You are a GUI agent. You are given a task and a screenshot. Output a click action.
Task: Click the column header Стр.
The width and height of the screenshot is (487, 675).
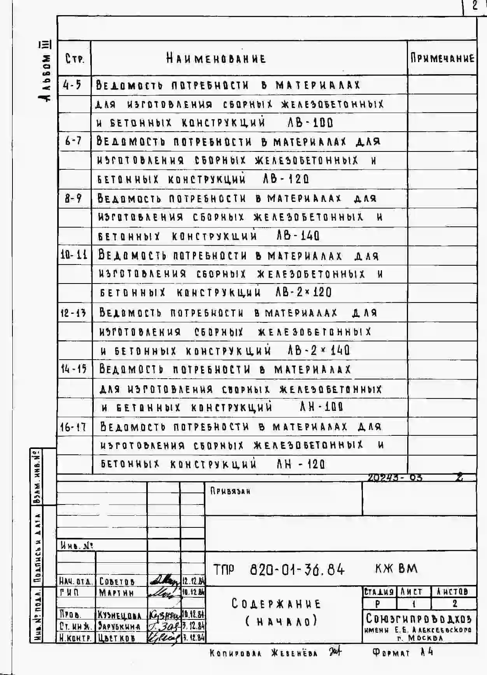(x=74, y=59)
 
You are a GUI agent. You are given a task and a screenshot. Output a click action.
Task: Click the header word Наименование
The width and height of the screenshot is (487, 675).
(x=216, y=59)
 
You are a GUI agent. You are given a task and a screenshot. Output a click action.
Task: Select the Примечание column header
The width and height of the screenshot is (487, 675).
(x=442, y=58)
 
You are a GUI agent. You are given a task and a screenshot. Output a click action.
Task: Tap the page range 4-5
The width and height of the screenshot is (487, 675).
(x=73, y=85)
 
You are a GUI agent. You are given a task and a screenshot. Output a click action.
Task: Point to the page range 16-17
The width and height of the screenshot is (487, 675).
(x=73, y=427)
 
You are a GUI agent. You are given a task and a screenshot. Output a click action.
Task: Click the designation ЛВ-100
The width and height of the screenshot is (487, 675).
(x=310, y=123)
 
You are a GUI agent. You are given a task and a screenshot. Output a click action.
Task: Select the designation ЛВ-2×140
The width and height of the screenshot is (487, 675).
(x=319, y=350)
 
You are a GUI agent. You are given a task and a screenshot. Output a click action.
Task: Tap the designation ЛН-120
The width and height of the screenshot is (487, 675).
(x=301, y=464)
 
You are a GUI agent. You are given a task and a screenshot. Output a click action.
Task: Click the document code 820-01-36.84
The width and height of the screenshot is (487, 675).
(x=297, y=570)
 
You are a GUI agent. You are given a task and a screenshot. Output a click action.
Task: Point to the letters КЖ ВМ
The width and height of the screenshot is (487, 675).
(x=396, y=569)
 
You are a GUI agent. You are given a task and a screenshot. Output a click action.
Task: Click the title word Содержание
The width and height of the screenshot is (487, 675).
(x=276, y=604)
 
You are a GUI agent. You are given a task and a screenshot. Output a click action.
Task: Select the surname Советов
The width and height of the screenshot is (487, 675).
(x=117, y=581)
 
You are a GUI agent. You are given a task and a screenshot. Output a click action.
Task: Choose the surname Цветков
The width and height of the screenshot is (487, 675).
(x=117, y=638)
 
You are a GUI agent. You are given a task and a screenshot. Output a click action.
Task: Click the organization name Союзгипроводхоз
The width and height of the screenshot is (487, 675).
(x=419, y=618)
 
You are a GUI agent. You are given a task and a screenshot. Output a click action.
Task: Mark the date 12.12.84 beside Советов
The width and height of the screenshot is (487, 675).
(x=193, y=581)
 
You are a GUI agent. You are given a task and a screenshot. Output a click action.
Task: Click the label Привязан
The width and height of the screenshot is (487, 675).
(x=230, y=491)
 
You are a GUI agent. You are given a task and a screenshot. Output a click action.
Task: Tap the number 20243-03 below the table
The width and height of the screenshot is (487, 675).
(x=395, y=477)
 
